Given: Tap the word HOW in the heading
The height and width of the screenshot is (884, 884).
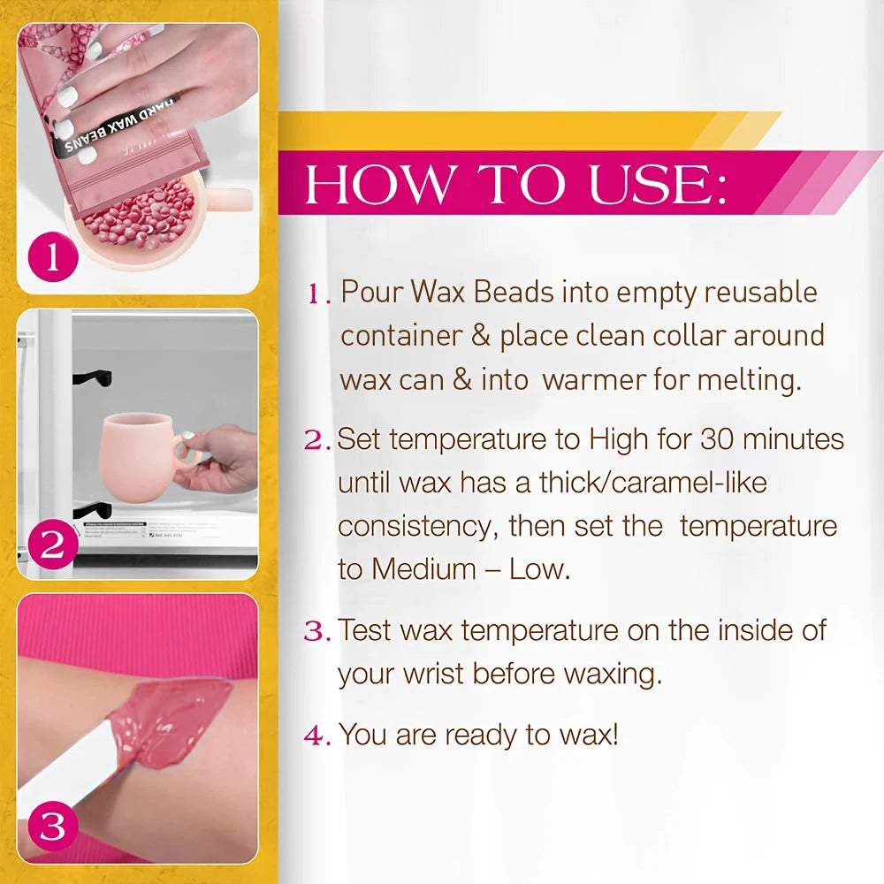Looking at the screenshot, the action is coord(378,185).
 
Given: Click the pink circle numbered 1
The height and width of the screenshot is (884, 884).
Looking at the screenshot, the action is coord(52,257).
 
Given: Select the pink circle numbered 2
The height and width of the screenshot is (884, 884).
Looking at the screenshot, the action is coord(52,544).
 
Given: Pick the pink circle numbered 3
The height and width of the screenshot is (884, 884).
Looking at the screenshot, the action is coord(52,826).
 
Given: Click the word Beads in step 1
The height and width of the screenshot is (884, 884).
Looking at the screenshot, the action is coord(514,292).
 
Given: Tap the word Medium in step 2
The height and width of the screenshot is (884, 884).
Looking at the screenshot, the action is coord(424,568).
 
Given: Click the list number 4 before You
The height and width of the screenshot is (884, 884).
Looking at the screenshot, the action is coord(314,735).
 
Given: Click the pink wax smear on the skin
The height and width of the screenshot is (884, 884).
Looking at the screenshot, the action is coord(169,721).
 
